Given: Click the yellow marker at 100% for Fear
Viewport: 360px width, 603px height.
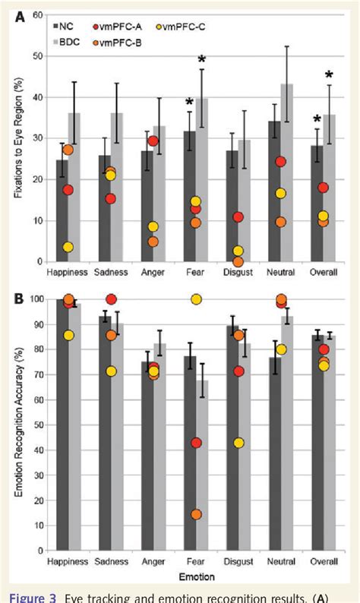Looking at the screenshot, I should coord(196,299).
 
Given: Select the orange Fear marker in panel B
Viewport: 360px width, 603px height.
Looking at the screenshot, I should coord(196,514).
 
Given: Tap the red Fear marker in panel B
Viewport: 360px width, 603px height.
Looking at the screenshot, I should coord(196,443).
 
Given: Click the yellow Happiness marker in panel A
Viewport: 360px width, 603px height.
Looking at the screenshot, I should coord(68,247).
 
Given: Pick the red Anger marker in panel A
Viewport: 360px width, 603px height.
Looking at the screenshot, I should coord(153,141).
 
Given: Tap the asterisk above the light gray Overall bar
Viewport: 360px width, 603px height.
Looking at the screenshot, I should coord(329,74).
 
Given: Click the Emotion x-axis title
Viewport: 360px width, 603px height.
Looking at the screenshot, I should coord(196,576).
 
